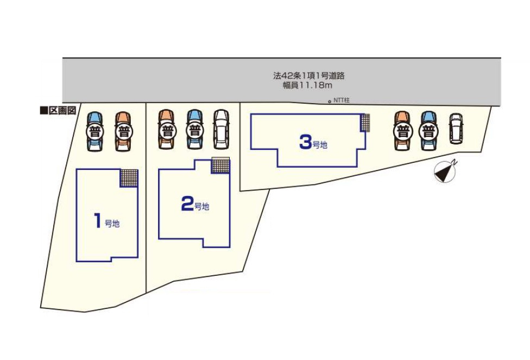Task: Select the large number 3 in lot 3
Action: click(305, 142)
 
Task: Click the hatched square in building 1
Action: click(129, 178)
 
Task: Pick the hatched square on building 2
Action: click(220, 166)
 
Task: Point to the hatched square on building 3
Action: click(365, 122)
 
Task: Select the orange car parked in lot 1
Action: click(123, 131)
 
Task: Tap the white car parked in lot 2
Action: click(221, 129)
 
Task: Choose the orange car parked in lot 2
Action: click(166, 129)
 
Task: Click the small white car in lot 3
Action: click(455, 129)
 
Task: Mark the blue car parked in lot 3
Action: click(428, 130)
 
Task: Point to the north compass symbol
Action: click(445, 171)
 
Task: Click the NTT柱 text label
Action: click(342, 100)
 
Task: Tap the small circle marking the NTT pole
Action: click(330, 102)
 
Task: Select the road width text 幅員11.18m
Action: click(307, 86)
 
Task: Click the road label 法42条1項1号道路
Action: click(309, 75)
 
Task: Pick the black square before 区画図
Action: click(43, 111)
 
